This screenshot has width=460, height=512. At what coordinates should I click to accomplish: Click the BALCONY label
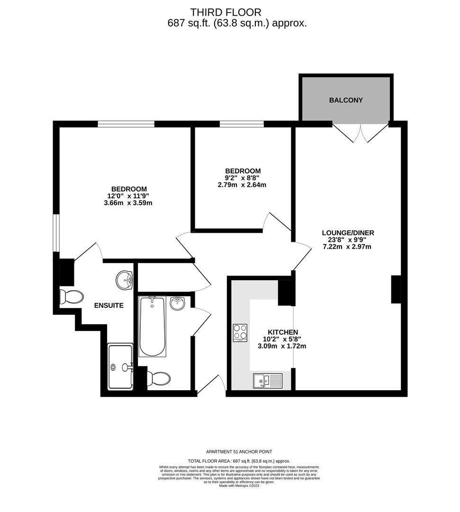point(346,101)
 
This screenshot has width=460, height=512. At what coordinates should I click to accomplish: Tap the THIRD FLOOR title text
point(225,12)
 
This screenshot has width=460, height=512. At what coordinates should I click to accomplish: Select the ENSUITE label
point(108,306)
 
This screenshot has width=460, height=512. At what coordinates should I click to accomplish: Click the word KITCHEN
point(283,332)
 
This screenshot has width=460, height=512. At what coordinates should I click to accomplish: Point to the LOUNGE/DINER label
point(348,233)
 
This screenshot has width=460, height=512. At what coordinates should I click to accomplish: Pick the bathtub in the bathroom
point(153,327)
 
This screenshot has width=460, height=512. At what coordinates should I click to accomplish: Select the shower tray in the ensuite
point(120,367)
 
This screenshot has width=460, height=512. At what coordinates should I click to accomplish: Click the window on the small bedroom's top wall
point(242,124)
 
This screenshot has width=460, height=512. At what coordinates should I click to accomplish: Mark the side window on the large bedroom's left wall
point(56,233)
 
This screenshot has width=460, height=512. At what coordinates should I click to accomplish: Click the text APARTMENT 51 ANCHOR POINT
point(239,452)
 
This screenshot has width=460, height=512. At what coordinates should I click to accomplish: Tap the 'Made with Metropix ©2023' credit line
point(239,485)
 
